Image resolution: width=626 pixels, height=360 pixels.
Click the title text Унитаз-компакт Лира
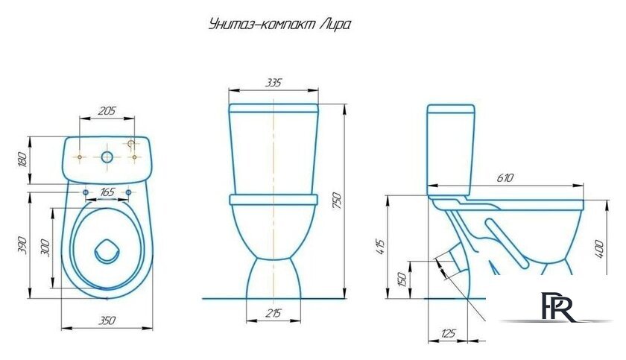(x=277, y=25)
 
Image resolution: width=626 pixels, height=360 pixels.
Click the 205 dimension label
(x=108, y=111)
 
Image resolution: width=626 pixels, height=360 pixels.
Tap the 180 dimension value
(x=22, y=159)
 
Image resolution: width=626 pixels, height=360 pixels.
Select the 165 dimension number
(x=108, y=193)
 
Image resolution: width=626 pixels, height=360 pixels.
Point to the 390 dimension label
(x=22, y=244)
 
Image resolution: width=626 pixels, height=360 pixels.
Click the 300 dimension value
(x=45, y=247)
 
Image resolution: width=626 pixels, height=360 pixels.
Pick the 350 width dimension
(x=107, y=320)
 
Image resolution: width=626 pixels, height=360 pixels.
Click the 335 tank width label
(x=274, y=82)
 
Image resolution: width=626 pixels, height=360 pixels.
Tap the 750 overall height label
(x=336, y=200)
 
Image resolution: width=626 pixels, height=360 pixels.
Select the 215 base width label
(x=274, y=314)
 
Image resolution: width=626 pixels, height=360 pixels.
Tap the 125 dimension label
(x=447, y=333)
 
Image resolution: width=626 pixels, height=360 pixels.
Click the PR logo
(x=559, y=308)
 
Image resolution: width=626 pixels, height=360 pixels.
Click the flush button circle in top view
(x=107, y=157)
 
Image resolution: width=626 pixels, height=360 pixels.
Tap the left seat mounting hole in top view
(x=86, y=194)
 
